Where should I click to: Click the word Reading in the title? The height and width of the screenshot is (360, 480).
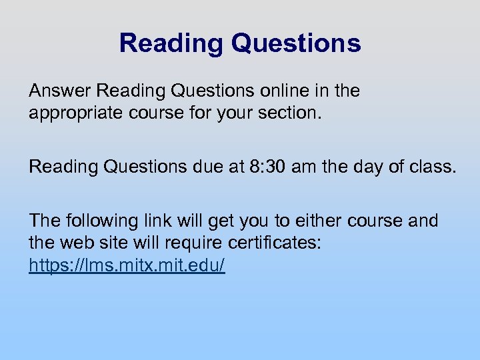coord(170,43)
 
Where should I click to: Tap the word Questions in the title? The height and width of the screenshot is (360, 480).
coord(296,43)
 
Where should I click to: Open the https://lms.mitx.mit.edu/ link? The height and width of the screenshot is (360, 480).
coord(127,265)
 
